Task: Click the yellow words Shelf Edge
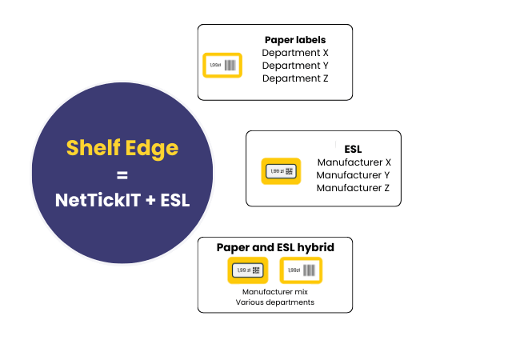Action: tap(122, 148)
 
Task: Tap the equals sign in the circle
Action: tap(122, 174)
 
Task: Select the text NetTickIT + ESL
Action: tap(122, 200)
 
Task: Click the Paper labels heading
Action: tap(295, 39)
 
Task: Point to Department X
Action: tap(295, 53)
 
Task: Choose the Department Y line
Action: tap(295, 66)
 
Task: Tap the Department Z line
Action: tap(295, 78)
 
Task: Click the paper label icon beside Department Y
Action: tap(222, 65)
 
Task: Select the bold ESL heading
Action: tap(353, 149)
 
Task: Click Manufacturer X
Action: tap(353, 162)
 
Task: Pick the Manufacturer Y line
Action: tap(353, 175)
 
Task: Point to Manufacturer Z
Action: tap(353, 188)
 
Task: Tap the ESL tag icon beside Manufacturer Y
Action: tap(281, 171)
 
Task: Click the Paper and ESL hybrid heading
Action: tap(275, 247)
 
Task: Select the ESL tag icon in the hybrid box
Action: tap(247, 270)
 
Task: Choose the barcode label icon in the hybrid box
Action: tap(301, 270)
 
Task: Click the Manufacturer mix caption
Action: tap(275, 292)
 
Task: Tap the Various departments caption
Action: tap(275, 302)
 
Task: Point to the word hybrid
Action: tap(314, 247)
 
